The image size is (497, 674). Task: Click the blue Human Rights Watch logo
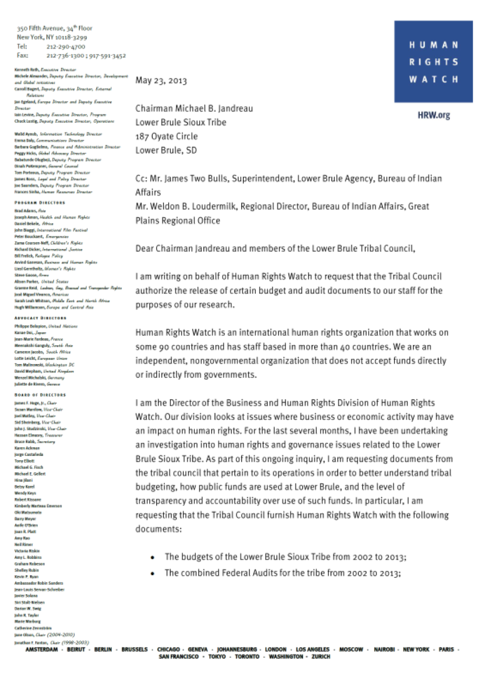(433, 61)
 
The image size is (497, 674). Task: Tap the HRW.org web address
(434, 115)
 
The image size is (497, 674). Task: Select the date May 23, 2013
(161, 80)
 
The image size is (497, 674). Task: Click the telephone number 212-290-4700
(66, 46)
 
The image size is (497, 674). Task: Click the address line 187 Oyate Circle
(167, 136)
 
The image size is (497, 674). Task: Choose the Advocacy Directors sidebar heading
(41, 318)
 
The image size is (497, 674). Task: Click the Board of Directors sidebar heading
(41, 395)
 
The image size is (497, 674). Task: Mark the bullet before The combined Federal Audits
(152, 573)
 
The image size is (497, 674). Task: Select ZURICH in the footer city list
(320, 657)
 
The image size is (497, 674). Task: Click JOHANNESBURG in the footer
(237, 650)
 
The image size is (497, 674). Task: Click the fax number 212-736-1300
(66, 55)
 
